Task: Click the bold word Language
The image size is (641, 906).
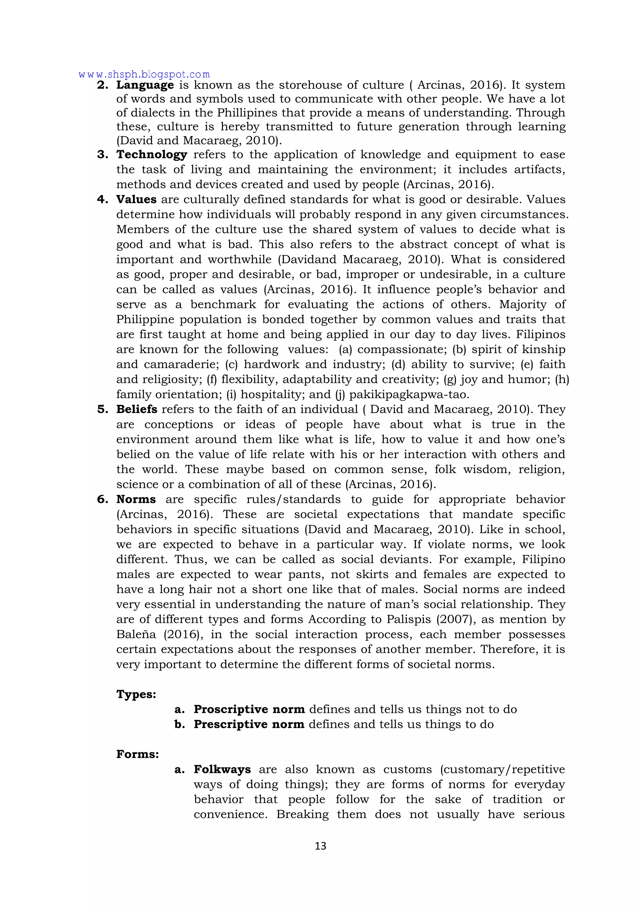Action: click(x=145, y=85)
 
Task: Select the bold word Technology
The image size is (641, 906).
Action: click(x=151, y=155)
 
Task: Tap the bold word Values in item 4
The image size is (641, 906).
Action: click(x=136, y=200)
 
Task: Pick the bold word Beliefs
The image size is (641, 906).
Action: click(x=136, y=410)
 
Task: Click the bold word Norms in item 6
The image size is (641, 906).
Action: click(x=136, y=499)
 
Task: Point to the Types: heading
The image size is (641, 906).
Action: click(x=136, y=694)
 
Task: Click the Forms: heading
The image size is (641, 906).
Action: click(x=137, y=755)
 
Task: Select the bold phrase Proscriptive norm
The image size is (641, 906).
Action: click(x=249, y=709)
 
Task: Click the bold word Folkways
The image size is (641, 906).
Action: click(x=222, y=770)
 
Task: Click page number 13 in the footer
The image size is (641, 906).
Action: click(x=320, y=846)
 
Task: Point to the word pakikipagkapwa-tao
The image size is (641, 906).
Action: click(x=409, y=395)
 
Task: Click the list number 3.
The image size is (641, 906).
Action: click(x=103, y=155)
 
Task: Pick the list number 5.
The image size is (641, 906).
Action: click(x=103, y=410)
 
